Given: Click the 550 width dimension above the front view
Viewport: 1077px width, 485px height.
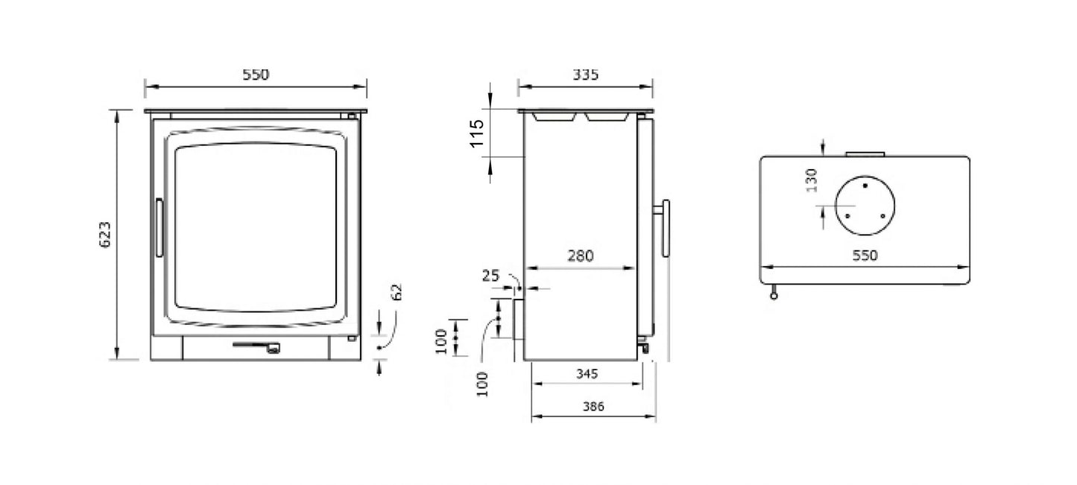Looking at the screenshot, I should coord(255,75).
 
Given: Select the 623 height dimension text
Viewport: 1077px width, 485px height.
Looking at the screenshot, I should coord(106,235).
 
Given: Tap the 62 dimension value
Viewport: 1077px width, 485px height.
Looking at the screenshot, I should coord(396,291).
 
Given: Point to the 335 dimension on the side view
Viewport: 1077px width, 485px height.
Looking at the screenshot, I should coord(586,75).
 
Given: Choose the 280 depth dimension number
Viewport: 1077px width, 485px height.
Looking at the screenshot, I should coord(580,256).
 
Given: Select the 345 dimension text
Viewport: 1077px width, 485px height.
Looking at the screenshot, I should coord(587,374).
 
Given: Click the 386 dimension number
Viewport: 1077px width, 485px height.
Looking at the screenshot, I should coord(593,407).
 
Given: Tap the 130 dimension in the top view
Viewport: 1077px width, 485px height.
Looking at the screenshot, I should coord(812,180).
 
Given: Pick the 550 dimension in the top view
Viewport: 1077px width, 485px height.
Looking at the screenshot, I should coord(865,256).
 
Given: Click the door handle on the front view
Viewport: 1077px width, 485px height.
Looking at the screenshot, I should coord(159,228).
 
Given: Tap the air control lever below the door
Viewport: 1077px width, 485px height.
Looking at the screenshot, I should coord(257,346).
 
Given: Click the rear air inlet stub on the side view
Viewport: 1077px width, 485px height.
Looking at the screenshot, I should coord(518,319).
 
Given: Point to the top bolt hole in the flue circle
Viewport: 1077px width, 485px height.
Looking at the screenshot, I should coord(865,183).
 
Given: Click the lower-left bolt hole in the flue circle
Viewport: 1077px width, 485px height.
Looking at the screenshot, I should coord(847,216).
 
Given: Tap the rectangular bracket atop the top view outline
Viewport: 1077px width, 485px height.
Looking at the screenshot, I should coord(865,154).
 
